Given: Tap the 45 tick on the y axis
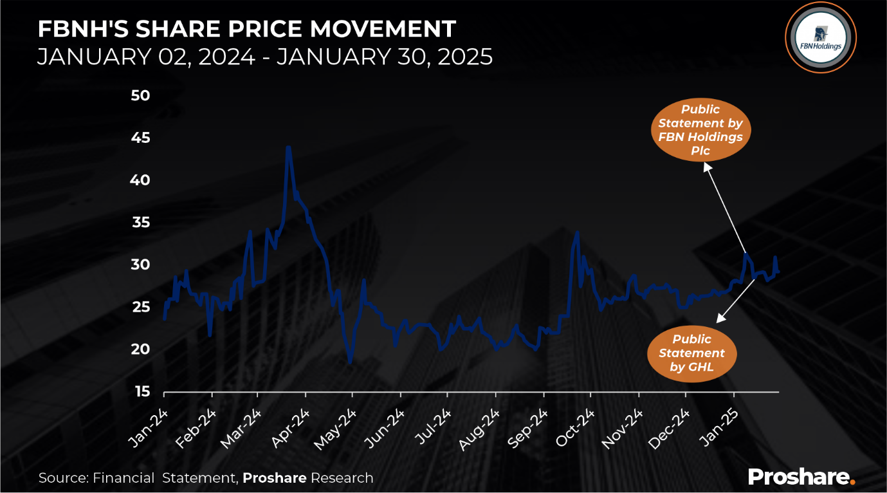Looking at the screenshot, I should tap(140, 138).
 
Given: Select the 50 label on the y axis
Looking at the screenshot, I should tap(140, 95).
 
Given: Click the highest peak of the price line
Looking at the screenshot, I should tap(288, 147).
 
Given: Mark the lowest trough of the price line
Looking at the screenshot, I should tap(351, 363).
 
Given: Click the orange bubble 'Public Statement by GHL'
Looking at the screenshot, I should tap(691, 353).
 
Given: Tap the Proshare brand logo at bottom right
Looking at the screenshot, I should tap(801, 477).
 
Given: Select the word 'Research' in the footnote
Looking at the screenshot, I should tap(342, 478).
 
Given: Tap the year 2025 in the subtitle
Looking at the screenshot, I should tap(463, 57).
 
